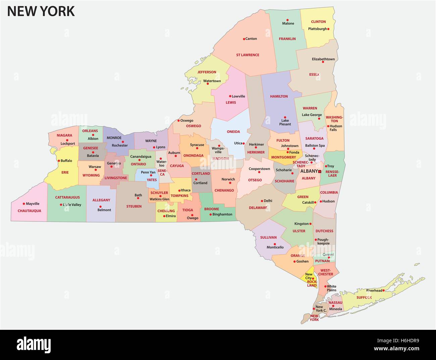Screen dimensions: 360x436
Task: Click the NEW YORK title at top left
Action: pyautogui.click(x=41, y=11)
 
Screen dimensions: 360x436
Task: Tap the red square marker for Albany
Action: pyautogui.click(x=320, y=171)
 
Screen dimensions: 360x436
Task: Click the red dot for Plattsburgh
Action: pyautogui.click(x=328, y=29)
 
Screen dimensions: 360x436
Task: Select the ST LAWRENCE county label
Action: pyautogui.click(x=248, y=55)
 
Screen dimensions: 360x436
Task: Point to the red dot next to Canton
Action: pyautogui.click(x=244, y=39)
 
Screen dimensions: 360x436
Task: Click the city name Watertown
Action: pyautogui.click(x=212, y=81)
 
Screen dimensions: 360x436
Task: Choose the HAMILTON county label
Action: pyautogui.click(x=279, y=96)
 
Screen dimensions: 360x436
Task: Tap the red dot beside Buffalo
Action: pyautogui.click(x=59, y=161)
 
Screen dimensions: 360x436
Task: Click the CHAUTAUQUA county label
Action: pyautogui.click(x=29, y=211)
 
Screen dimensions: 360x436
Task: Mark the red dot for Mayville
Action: pyautogui.click(x=24, y=204)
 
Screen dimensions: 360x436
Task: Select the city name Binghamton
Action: pyautogui.click(x=222, y=214)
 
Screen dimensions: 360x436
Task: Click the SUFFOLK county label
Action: pyautogui.click(x=364, y=297)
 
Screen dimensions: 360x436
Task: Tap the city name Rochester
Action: pyautogui.click(x=120, y=145)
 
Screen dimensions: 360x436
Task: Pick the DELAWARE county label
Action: pyautogui.click(x=258, y=208)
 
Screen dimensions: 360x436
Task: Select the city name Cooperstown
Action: pyautogui.click(x=259, y=169)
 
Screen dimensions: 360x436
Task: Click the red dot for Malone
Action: pyautogui.click(x=288, y=20)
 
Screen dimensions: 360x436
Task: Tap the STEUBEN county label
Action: pyautogui.click(x=134, y=206)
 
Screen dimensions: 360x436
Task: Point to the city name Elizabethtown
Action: pyautogui.click(x=323, y=59)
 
